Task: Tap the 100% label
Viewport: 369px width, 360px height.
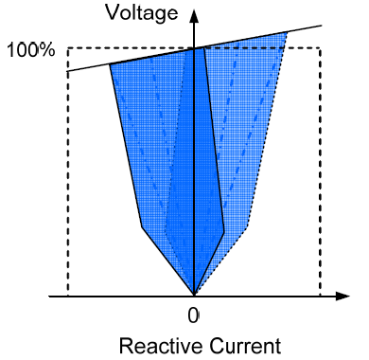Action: (30, 48)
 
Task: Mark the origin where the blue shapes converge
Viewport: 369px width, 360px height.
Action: (193, 295)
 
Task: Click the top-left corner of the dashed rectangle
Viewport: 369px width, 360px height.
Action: (67, 48)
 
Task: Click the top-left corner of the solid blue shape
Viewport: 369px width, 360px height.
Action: (111, 64)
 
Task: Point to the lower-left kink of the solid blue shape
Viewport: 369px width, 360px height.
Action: (142, 227)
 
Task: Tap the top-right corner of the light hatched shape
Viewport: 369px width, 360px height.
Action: (286, 33)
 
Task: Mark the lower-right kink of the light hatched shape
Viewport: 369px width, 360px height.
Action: (248, 227)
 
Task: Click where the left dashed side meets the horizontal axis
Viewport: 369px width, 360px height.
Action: (67, 296)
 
